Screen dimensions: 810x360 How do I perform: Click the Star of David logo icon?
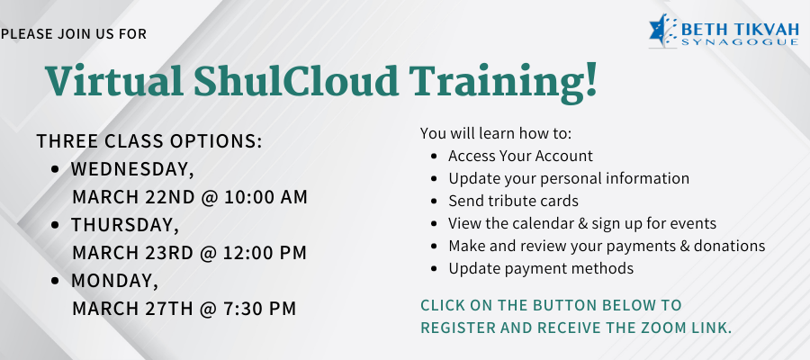click(662, 31)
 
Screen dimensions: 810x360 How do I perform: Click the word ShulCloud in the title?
click(296, 81)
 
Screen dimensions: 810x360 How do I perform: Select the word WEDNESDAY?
click(132, 170)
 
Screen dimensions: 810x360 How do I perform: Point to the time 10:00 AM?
click(265, 197)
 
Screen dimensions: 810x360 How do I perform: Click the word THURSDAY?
click(125, 225)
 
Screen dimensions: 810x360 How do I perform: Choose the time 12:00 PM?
click(265, 253)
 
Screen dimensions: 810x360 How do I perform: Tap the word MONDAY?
click(114, 281)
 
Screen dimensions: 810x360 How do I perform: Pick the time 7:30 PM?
click(260, 309)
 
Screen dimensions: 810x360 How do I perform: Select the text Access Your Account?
click(521, 156)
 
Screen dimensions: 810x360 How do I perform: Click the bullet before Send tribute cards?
click(435, 201)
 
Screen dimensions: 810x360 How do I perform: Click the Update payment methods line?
click(541, 268)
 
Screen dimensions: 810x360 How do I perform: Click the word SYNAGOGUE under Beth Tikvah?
click(740, 41)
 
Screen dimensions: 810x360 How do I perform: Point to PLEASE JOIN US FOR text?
click(74, 34)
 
